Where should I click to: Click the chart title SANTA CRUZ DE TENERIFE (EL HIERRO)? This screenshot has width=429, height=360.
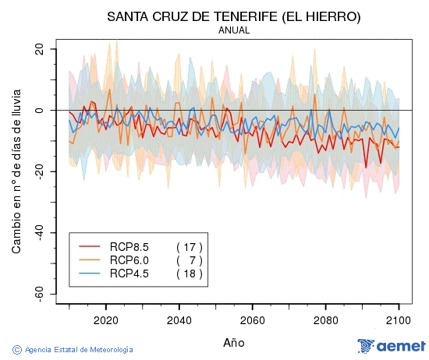[x=234, y=16]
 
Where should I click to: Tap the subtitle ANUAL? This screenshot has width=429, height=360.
[x=234, y=30]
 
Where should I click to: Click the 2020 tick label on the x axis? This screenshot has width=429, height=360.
[x=106, y=319]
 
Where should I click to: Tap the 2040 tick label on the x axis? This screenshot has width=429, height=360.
[x=179, y=319]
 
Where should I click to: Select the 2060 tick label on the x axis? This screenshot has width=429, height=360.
[x=253, y=319]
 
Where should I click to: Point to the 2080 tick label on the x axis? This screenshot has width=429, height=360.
[x=326, y=319]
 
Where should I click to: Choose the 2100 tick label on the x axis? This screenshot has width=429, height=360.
[x=399, y=319]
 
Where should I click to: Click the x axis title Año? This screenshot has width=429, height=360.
[x=234, y=342]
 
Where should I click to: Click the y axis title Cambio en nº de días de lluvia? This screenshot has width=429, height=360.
[x=16, y=171]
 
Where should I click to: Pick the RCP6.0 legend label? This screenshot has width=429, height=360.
[x=129, y=260]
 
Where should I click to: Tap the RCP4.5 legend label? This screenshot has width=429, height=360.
[x=129, y=274]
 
